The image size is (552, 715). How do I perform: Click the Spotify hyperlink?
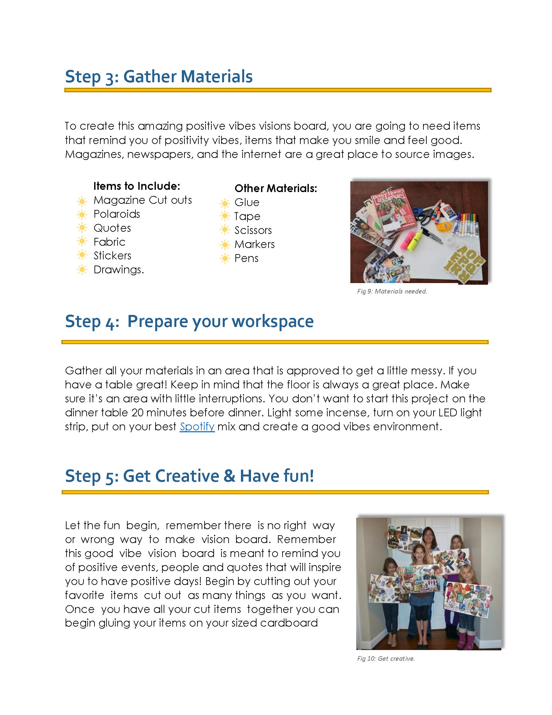coord(197,427)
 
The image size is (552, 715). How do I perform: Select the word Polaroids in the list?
coord(117,214)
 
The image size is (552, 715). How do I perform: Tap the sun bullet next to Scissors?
coord(225,230)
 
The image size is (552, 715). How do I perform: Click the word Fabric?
coord(109,242)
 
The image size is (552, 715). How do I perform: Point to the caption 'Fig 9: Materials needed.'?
coord(392,291)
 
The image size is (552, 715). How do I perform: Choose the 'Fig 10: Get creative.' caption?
coord(385,658)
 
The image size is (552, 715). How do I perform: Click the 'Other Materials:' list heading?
coord(276,188)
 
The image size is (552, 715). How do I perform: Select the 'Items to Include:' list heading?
coord(137,186)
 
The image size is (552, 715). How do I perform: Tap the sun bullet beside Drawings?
coord(82,270)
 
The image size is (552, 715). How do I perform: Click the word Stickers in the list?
coord(112,256)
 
